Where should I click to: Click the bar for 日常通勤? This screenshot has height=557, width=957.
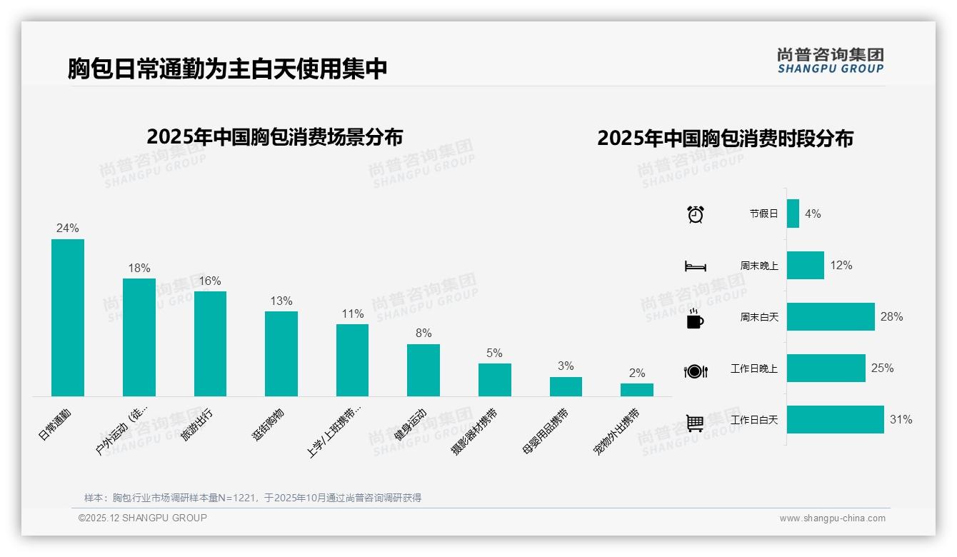[x=68, y=318]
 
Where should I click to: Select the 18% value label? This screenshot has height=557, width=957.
[x=139, y=269]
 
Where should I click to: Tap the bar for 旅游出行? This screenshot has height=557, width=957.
[x=210, y=343]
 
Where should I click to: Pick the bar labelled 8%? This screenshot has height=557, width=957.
[x=424, y=370]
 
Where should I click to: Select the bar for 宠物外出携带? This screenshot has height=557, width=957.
[x=636, y=390]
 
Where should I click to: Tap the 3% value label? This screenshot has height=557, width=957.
[x=566, y=366]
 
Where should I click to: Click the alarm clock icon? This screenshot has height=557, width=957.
[x=695, y=214]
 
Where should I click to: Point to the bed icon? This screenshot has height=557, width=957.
[x=695, y=266]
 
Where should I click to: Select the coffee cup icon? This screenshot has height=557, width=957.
[x=695, y=318]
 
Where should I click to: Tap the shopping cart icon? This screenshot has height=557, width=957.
[x=695, y=423]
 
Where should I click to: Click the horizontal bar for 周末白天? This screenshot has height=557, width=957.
[x=831, y=317]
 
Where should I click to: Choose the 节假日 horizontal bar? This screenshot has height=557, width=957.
[x=793, y=214]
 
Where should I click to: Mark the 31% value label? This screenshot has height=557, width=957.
[x=901, y=420]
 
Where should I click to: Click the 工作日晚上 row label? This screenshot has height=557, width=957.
[x=753, y=368]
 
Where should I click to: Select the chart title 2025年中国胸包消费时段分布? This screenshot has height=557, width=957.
[x=725, y=139]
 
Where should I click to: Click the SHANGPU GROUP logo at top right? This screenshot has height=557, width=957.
[x=831, y=61]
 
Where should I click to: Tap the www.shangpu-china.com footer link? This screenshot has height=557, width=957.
[x=832, y=518]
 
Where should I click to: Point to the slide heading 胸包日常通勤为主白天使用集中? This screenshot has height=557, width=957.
[x=228, y=69]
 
